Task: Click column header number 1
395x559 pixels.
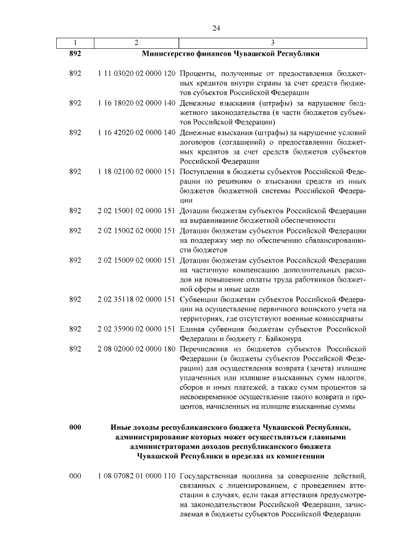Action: (x=75, y=43)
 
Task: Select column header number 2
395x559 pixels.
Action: (x=136, y=43)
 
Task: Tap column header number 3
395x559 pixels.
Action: (x=272, y=43)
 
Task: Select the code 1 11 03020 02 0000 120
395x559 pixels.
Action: (x=136, y=74)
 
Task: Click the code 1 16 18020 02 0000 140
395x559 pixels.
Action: (x=136, y=103)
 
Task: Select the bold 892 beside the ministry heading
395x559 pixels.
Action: (x=75, y=54)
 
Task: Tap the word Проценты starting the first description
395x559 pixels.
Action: (x=198, y=74)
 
